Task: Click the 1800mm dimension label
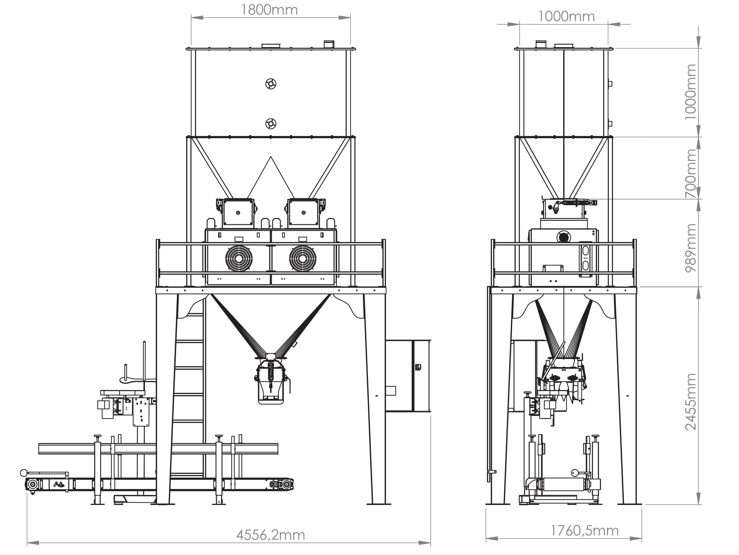pyautogui.click(x=269, y=10)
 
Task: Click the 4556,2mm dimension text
pyautogui.click(x=270, y=535)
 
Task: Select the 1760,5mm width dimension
pyautogui.click(x=584, y=531)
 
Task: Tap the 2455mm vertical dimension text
pyautogui.click(x=690, y=402)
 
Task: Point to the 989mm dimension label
pyautogui.click(x=690, y=248)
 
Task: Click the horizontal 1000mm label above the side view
pyautogui.click(x=566, y=16)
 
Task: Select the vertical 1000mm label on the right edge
pyautogui.click(x=690, y=92)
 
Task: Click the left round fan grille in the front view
pyautogui.click(x=238, y=259)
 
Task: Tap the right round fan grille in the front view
pyautogui.click(x=303, y=259)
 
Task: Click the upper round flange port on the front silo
pyautogui.click(x=270, y=84)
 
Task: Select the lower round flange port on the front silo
pyautogui.click(x=270, y=124)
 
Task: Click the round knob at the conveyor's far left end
pyautogui.click(x=24, y=473)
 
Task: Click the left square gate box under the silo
pyautogui.click(x=238, y=212)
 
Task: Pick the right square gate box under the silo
pyautogui.click(x=303, y=212)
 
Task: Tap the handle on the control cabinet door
pyautogui.click(x=418, y=367)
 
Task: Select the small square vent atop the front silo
pyautogui.click(x=329, y=44)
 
